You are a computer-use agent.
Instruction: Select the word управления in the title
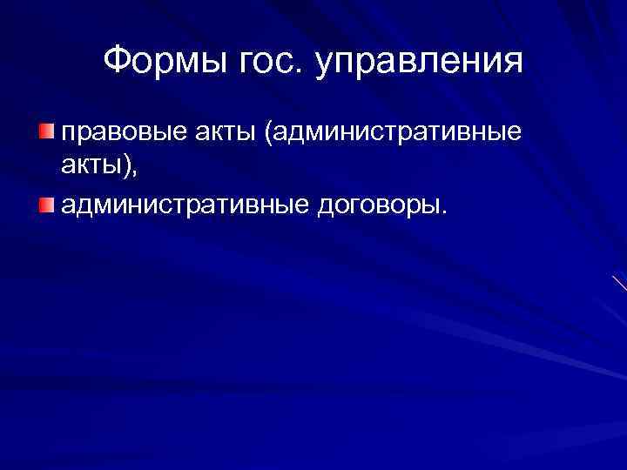419,64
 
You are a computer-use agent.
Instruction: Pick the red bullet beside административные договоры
45,205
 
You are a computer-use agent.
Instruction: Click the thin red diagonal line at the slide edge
619,283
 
